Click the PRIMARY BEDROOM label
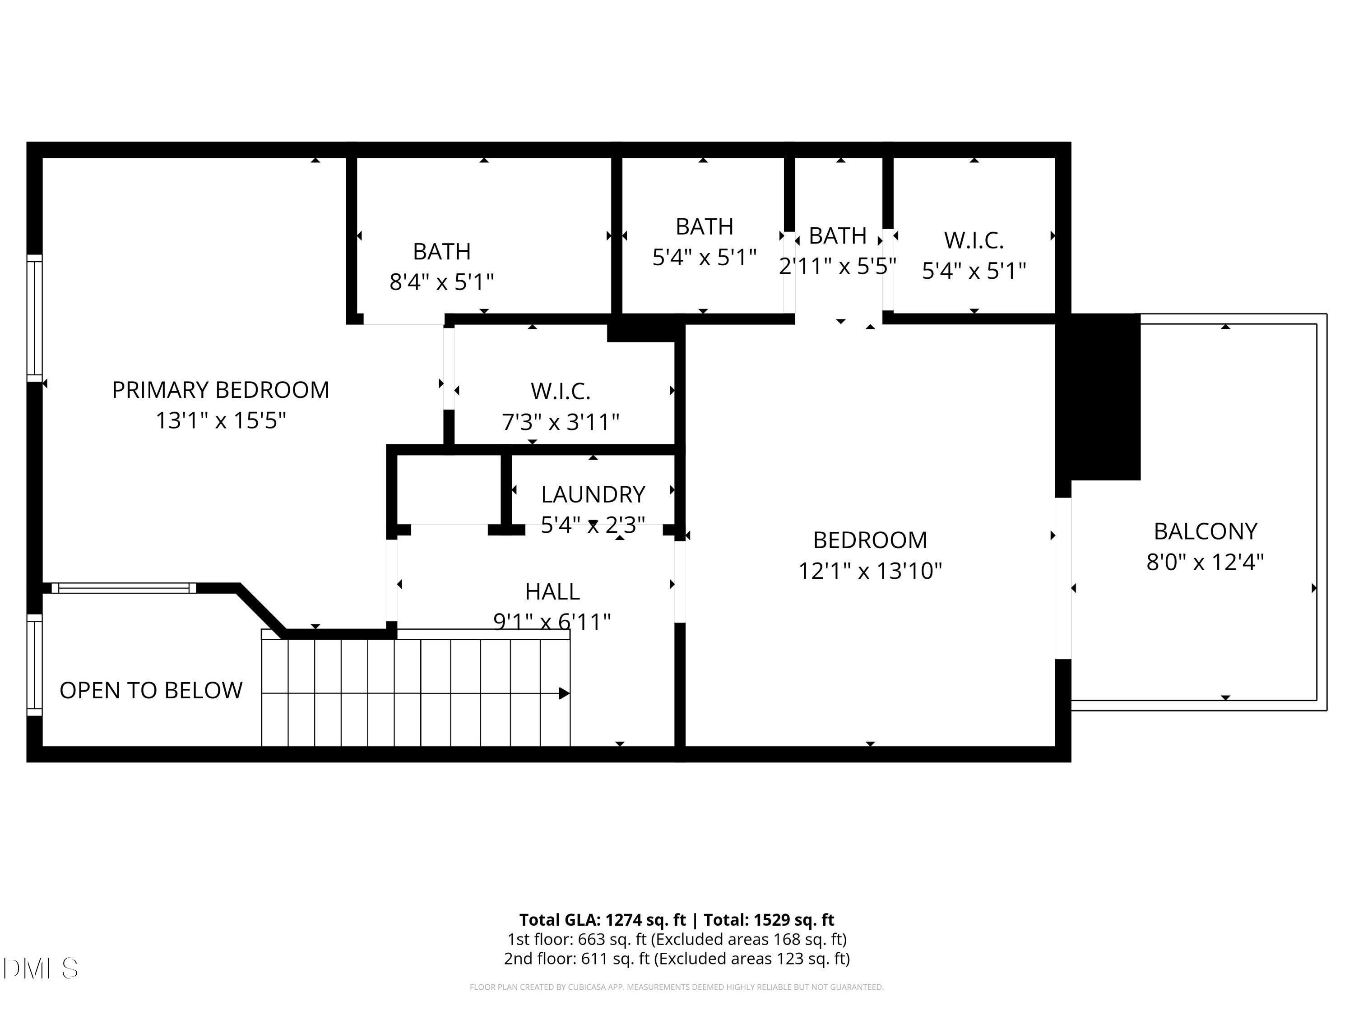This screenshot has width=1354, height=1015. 220,390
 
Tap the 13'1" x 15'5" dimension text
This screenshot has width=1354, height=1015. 220,421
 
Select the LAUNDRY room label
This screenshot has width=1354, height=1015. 593,494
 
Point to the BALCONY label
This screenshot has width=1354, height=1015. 1205,531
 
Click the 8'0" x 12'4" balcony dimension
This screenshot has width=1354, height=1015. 1205,562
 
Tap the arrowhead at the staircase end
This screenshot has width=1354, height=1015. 564,693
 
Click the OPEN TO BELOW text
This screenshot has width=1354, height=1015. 151,690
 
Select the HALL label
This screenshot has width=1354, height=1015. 552,591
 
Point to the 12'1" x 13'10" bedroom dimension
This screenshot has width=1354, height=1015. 870,571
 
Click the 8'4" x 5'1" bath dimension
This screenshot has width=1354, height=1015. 441,282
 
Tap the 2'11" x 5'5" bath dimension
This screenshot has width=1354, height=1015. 837,266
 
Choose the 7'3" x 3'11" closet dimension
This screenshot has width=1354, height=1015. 560,422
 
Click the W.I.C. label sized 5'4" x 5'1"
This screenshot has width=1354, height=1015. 973,240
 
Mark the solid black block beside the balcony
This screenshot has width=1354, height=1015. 1105,398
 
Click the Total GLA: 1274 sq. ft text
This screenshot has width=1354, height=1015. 603,919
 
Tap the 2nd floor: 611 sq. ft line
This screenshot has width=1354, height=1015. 677,959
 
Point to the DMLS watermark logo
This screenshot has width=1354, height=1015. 41,969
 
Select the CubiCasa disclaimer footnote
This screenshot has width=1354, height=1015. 677,987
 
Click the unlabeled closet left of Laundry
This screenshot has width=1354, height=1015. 449,489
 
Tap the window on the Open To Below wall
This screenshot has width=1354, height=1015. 35,665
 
